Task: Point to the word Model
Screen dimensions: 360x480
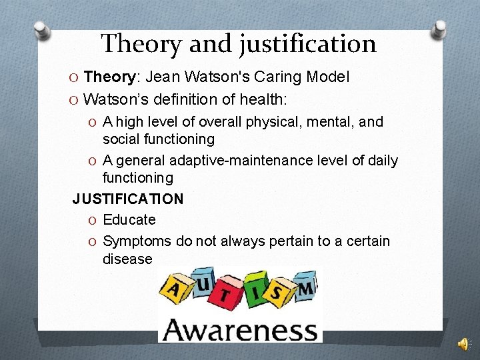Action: pyautogui.click(x=327, y=77)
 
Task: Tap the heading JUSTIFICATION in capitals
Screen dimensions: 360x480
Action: pyautogui.click(x=128, y=199)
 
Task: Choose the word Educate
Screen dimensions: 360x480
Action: pyautogui.click(x=129, y=220)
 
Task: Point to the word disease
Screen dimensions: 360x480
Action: pyautogui.click(x=127, y=259)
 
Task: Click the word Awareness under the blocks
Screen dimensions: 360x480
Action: pyautogui.click(x=240, y=329)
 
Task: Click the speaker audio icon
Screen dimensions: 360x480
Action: pyautogui.click(x=462, y=343)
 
